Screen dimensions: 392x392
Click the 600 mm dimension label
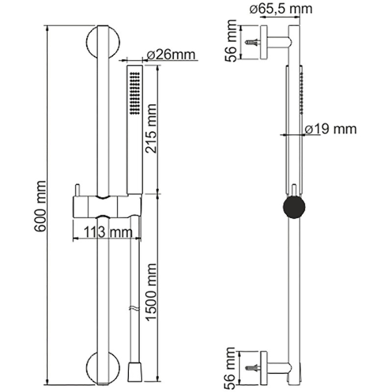click(40, 206)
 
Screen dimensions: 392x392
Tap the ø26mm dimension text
click(171, 54)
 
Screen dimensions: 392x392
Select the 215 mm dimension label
click(151, 128)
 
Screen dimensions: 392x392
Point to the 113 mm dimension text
click(108, 232)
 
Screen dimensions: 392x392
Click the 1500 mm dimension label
click(151, 292)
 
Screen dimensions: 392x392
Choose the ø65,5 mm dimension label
click(281, 9)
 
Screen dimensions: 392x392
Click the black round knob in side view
click(294, 207)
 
